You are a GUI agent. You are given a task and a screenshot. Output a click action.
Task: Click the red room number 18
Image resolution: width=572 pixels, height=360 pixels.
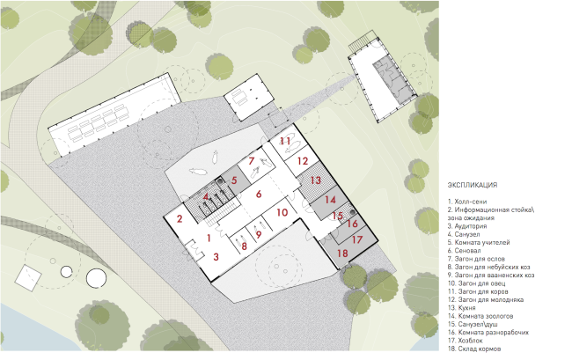tap(342, 253)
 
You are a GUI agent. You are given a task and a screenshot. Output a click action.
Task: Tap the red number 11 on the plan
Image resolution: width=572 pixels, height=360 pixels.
tap(285, 141)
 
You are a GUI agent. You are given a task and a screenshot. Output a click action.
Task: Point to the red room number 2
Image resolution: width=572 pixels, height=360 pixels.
tap(179, 218)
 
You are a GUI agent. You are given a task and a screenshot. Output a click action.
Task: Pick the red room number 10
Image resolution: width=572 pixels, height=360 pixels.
tap(282, 212)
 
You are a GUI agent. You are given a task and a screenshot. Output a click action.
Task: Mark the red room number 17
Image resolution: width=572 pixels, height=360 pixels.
tap(357, 239)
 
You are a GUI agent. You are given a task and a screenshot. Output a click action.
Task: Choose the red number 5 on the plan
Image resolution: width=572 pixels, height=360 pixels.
tap(234, 180)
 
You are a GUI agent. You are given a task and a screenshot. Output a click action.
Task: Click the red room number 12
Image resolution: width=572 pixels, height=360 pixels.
tap(302, 161)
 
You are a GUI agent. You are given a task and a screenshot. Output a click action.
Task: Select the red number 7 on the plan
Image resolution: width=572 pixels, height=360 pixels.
tap(251, 162)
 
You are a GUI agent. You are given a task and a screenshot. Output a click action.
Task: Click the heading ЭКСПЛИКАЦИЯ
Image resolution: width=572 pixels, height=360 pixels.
tap(473, 185)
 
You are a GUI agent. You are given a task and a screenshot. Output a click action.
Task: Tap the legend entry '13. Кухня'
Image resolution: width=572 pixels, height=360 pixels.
tap(466, 308)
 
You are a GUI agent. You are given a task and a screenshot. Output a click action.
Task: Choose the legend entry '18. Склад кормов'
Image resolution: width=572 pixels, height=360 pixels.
tap(478, 349)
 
